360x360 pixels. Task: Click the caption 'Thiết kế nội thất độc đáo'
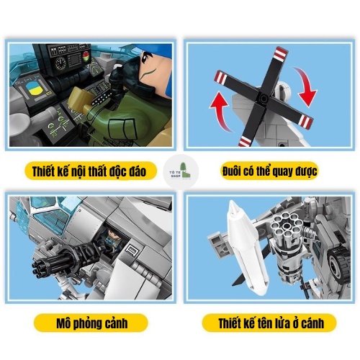coord(89,171)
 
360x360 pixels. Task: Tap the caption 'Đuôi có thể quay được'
coord(269,171)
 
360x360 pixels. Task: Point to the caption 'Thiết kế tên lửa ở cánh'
coord(271,323)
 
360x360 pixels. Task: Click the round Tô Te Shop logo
coord(181,171)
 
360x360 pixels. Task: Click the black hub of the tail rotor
coord(264,98)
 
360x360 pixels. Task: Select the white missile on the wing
coord(246,247)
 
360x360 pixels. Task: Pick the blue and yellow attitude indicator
coord(33,91)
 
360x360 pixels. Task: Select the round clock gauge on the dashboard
coord(60,63)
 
